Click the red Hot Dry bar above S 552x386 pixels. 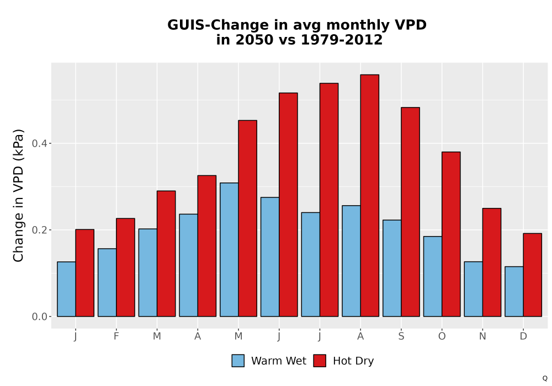coord(410,212)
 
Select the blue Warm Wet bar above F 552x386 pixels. coord(107,283)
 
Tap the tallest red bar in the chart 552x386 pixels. coord(370,195)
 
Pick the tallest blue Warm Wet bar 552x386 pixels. coord(229,250)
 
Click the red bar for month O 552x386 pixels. coord(451,234)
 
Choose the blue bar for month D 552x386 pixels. coord(514,292)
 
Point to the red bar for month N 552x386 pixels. coord(492,262)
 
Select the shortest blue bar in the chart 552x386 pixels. coord(514,292)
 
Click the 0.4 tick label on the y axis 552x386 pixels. coord(39,143)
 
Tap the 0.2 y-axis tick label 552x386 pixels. coord(39,230)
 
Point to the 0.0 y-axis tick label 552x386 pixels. coord(39,317)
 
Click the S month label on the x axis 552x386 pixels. coord(401,336)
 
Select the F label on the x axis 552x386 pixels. coord(116,336)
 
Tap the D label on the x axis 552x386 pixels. coord(523,336)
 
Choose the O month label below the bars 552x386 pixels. coord(442,336)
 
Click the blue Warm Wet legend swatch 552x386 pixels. coord(238,361)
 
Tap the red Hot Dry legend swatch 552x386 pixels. coord(320,361)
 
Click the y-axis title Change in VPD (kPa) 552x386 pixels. coord(18,195)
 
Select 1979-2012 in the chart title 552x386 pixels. coord(342,40)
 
